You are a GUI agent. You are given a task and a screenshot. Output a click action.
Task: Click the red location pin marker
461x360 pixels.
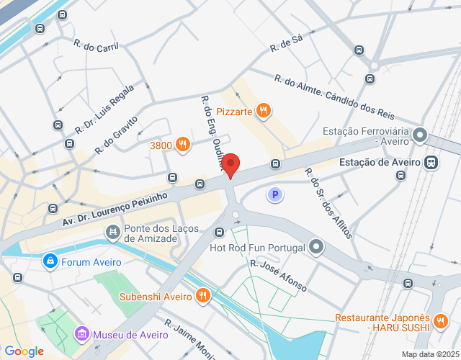click(x=230, y=165)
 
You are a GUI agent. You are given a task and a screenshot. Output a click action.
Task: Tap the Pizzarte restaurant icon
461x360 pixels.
click(x=264, y=111)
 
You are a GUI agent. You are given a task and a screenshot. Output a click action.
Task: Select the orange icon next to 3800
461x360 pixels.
click(x=183, y=145)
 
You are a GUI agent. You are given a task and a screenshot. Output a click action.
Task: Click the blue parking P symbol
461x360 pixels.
click(x=274, y=194)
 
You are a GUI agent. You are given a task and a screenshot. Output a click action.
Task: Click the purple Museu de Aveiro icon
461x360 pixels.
click(x=81, y=334)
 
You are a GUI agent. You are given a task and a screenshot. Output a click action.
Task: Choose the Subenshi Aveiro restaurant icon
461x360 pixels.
click(x=203, y=295)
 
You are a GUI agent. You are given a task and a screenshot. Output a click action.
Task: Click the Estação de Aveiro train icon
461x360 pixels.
click(x=431, y=163)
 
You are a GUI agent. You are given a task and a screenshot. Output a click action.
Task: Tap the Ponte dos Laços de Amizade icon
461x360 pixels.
click(x=112, y=232)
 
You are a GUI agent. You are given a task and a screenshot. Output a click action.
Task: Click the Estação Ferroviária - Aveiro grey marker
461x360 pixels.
click(x=421, y=135)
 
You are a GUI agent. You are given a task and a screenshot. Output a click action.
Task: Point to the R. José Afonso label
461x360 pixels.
click(x=278, y=275)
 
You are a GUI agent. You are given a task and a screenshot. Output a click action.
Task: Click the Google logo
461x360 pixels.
click(x=24, y=351)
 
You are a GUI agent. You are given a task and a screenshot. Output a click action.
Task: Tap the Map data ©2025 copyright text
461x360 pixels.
click(x=430, y=354)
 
